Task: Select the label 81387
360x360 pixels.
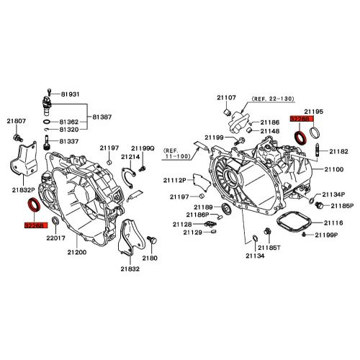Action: point(101,117)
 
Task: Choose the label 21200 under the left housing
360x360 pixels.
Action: point(77,252)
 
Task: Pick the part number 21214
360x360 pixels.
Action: point(130,156)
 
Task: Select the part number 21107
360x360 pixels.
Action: point(228,97)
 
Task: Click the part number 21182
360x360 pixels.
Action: point(339,151)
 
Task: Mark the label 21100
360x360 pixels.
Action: point(334,169)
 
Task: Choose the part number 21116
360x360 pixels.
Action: point(333,224)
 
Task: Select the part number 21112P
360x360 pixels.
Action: point(175,180)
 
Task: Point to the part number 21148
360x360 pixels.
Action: point(270,131)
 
